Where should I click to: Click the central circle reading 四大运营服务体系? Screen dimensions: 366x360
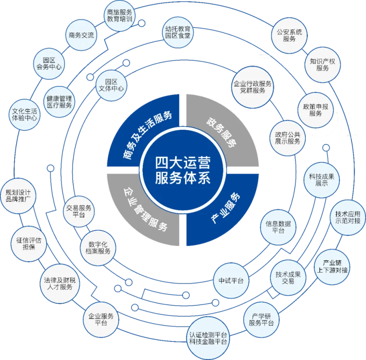[183, 170]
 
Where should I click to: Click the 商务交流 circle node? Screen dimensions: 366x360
[81, 35]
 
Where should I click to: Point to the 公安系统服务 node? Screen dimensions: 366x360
[289, 35]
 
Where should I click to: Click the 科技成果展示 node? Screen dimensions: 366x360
[321, 180]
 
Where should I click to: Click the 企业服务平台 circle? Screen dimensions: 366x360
[100, 319]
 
